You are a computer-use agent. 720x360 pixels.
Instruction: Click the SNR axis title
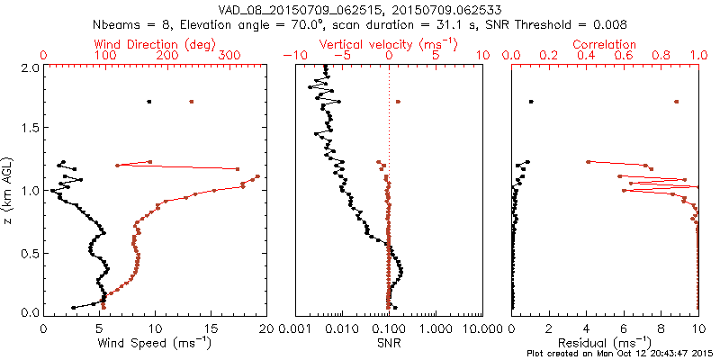[x=388, y=342]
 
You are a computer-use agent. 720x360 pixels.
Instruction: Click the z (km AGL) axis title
[x=8, y=189]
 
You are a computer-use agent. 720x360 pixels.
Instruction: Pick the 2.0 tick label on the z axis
[x=30, y=67]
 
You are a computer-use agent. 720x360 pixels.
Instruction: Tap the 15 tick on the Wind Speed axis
[x=211, y=328]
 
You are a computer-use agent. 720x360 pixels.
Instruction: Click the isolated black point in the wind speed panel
[x=149, y=102]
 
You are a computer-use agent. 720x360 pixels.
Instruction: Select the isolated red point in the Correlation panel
[x=676, y=102]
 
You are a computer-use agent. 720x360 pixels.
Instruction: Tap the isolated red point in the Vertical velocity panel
[x=398, y=102]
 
